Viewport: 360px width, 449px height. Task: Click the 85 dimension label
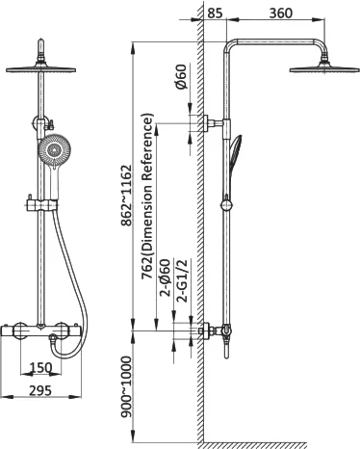pyautogui.click(x=215, y=13)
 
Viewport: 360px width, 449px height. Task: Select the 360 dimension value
pyautogui.click(x=281, y=13)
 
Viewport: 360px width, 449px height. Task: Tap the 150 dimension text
pyautogui.click(x=40, y=368)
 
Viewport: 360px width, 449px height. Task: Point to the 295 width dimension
pyautogui.click(x=40, y=390)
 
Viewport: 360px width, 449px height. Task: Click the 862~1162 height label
pyautogui.click(x=126, y=196)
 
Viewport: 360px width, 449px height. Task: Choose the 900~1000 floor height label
pyautogui.click(x=126, y=386)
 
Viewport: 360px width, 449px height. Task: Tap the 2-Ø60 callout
pyautogui.click(x=166, y=277)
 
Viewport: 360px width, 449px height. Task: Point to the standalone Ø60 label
pyautogui.click(x=181, y=77)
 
